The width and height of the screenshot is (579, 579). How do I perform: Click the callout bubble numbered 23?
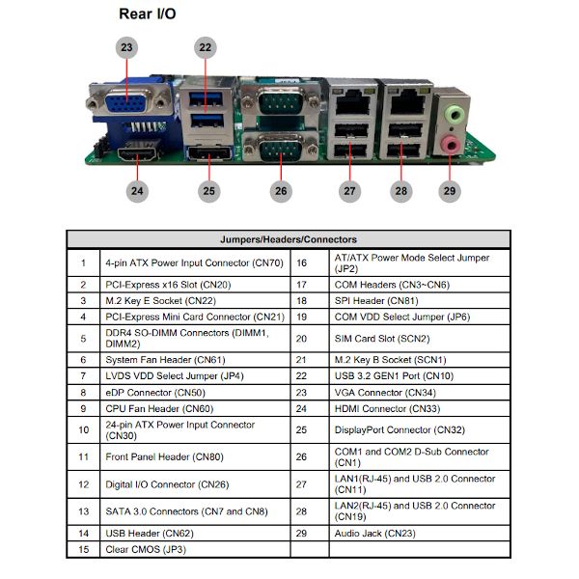pyautogui.click(x=126, y=47)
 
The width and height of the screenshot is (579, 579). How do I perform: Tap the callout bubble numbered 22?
pyautogui.click(x=206, y=47)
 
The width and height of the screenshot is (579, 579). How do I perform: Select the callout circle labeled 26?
pyautogui.click(x=281, y=191)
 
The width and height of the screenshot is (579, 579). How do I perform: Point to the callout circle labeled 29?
pyautogui.click(x=450, y=191)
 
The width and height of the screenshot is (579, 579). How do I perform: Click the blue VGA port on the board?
pyautogui.click(x=125, y=102)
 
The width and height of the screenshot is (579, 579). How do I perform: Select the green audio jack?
pyautogui.click(x=454, y=114)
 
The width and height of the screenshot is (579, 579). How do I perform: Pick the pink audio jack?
pyautogui.click(x=451, y=144)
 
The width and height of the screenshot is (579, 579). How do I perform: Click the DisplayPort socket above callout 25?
pyautogui.click(x=209, y=152)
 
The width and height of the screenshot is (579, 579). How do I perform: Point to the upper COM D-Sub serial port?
pyautogui.click(x=281, y=100)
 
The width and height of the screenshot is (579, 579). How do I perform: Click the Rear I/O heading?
pyautogui.click(x=148, y=14)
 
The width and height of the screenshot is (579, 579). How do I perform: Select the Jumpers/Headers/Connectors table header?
pyautogui.click(x=289, y=239)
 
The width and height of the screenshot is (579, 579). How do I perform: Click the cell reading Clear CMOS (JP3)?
pyautogui.click(x=146, y=549)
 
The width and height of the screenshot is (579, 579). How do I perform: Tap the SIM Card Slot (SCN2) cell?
pyautogui.click(x=382, y=339)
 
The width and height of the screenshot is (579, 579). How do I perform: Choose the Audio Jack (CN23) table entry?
pyautogui.click(x=374, y=534)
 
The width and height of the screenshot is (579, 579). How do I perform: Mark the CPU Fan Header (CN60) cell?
pyautogui.click(x=159, y=409)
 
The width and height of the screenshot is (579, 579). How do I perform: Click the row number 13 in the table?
pyautogui.click(x=84, y=511)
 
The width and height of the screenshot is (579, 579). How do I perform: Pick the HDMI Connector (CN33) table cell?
pyautogui.click(x=387, y=409)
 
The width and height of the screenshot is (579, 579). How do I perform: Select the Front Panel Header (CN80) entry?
pyautogui.click(x=165, y=456)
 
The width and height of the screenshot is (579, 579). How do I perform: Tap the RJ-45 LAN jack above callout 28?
pyautogui.click(x=407, y=101)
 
